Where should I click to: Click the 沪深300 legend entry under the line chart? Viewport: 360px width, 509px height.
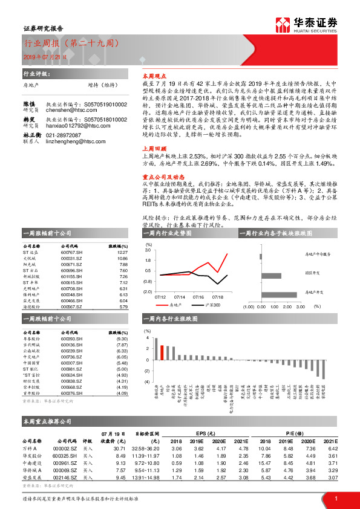[211, 305]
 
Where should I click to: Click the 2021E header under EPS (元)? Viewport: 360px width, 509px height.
[243, 441]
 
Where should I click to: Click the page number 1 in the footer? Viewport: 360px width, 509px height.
[335, 498]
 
